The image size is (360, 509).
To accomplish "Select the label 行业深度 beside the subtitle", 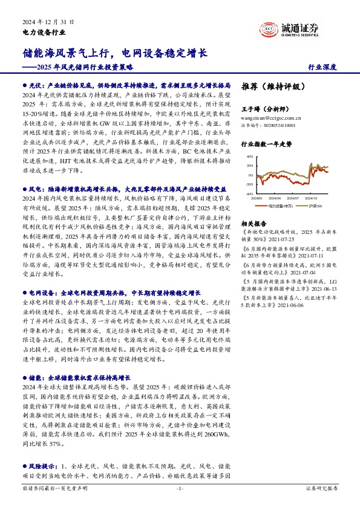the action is click(322, 68).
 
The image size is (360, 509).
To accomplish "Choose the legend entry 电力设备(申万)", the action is click(281, 206).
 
